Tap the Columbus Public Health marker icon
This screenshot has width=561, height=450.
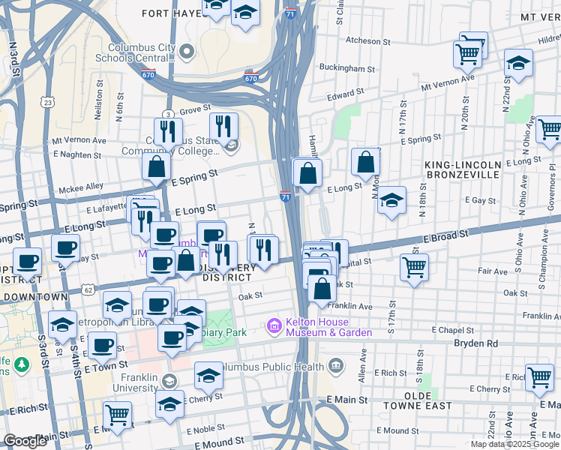pos(335,367)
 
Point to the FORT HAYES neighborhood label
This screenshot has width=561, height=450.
pos(168,13)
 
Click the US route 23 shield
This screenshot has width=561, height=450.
pos(49,102)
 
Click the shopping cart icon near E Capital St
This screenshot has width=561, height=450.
pos(414,266)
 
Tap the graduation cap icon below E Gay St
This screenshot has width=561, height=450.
pos(391,200)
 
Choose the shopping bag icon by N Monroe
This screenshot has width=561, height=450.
pos(365,161)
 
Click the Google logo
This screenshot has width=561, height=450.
pos(25,441)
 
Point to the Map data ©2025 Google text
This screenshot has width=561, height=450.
pos(514,444)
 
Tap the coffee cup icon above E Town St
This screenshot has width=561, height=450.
pos(102,345)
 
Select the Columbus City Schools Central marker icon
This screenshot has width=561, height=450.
pos(187,52)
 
